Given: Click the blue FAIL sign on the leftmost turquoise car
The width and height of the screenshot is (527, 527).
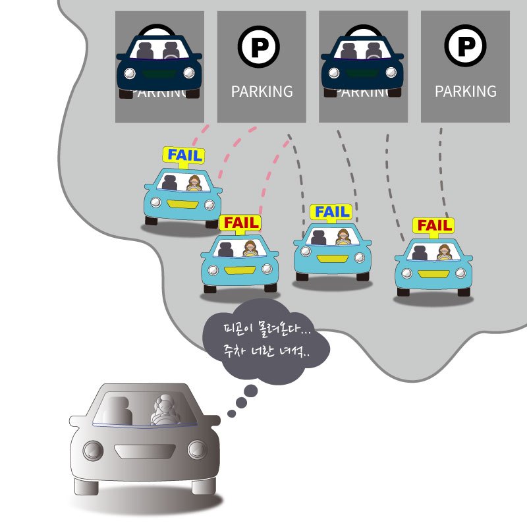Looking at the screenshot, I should tap(184, 155).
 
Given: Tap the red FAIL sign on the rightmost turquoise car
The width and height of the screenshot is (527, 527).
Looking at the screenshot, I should tap(433, 226).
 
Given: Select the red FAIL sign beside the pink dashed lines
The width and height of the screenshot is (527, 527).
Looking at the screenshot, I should tap(240, 223).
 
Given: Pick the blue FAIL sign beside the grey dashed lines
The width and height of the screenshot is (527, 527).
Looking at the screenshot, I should tap(331, 212).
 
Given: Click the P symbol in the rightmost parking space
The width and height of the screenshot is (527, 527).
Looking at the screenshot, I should tap(466, 46).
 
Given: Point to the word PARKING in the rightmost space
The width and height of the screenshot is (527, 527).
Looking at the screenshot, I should tap(466, 92).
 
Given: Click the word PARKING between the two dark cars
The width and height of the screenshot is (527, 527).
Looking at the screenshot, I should tap(262, 92).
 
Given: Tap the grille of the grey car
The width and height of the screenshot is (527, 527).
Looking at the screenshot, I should tap(144, 451).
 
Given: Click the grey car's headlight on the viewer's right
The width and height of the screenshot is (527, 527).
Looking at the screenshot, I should tap(197, 450).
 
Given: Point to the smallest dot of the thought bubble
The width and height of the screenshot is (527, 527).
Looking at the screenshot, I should tap(231, 414).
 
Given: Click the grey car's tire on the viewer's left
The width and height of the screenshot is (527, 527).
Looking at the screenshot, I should tap(86, 487).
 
